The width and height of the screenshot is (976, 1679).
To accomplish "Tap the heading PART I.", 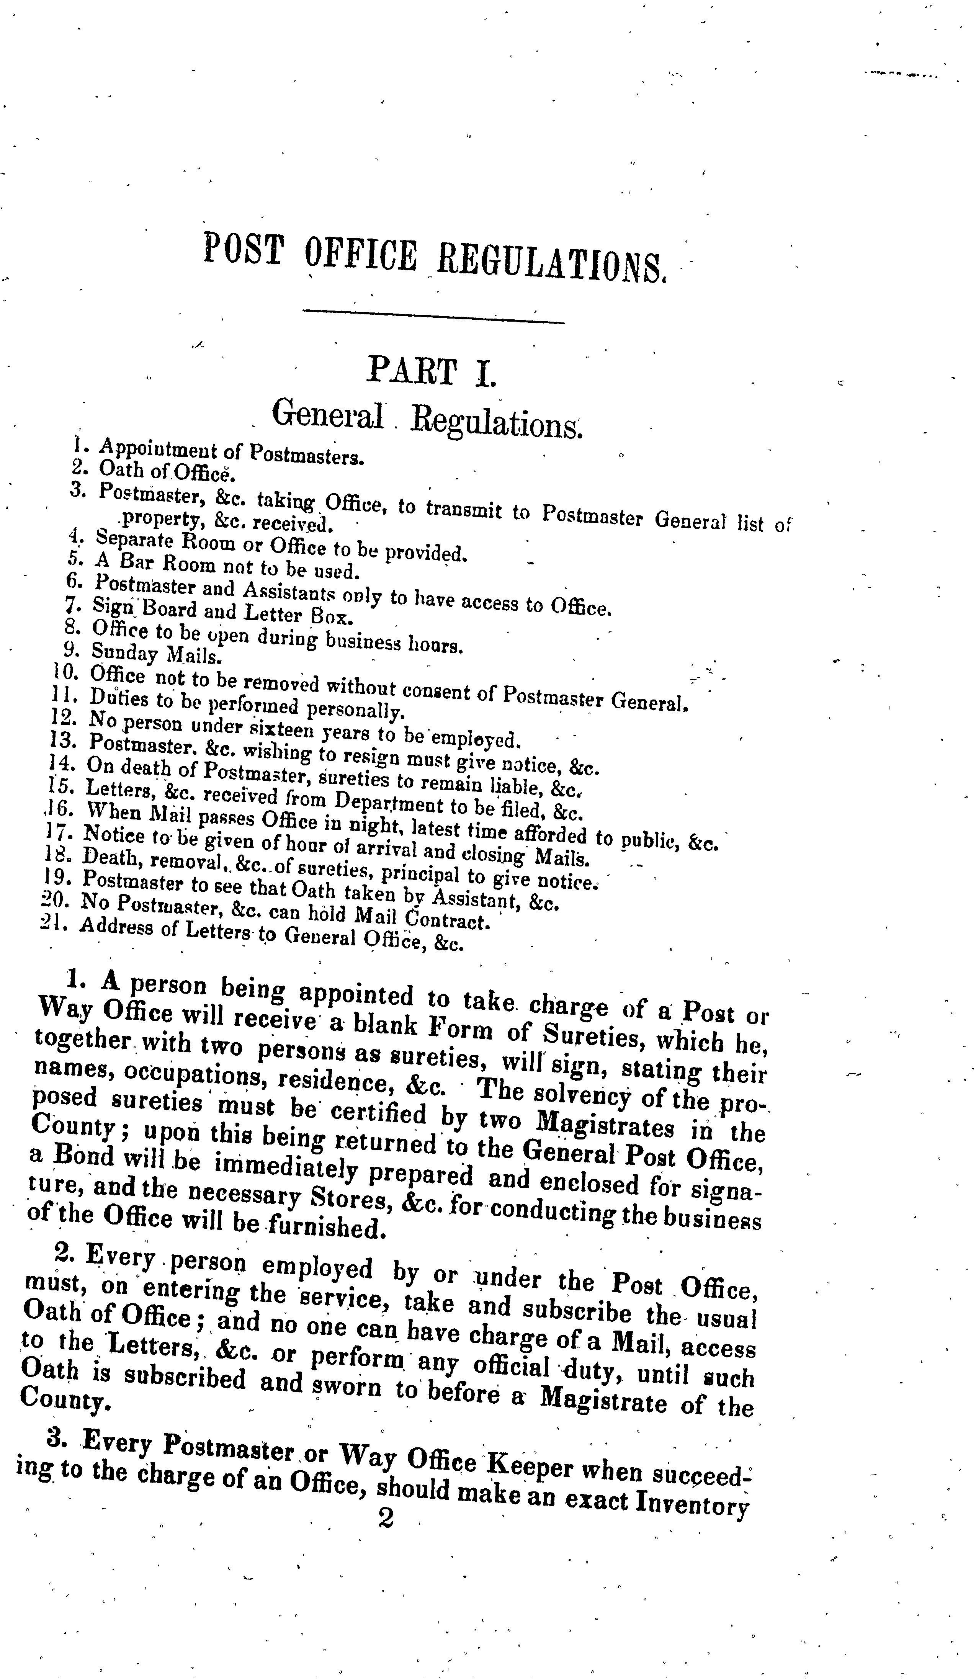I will pyautogui.click(x=432, y=371).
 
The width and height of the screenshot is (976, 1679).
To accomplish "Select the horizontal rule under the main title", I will pyautogui.click(x=433, y=317).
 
